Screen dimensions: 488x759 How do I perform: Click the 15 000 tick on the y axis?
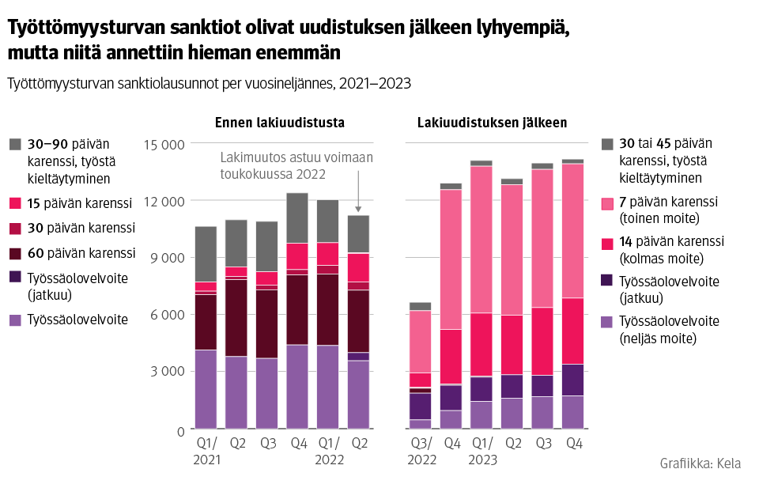coord(164,144)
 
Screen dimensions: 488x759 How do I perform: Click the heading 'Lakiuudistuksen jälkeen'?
coord(492,123)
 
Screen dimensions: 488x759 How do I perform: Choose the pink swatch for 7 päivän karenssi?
coord(607,203)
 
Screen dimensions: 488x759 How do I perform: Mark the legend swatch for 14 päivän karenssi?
coord(607,242)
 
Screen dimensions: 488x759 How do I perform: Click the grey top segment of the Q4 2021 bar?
coord(297,218)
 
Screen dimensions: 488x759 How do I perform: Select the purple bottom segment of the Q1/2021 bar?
coord(206,389)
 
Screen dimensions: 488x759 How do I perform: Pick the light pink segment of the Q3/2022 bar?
coord(421,341)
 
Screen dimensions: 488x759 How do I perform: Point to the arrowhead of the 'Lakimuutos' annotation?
coord(358,209)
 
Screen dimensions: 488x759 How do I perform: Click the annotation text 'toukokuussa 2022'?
coord(273,173)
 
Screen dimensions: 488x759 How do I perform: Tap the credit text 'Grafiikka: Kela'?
coord(700,464)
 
